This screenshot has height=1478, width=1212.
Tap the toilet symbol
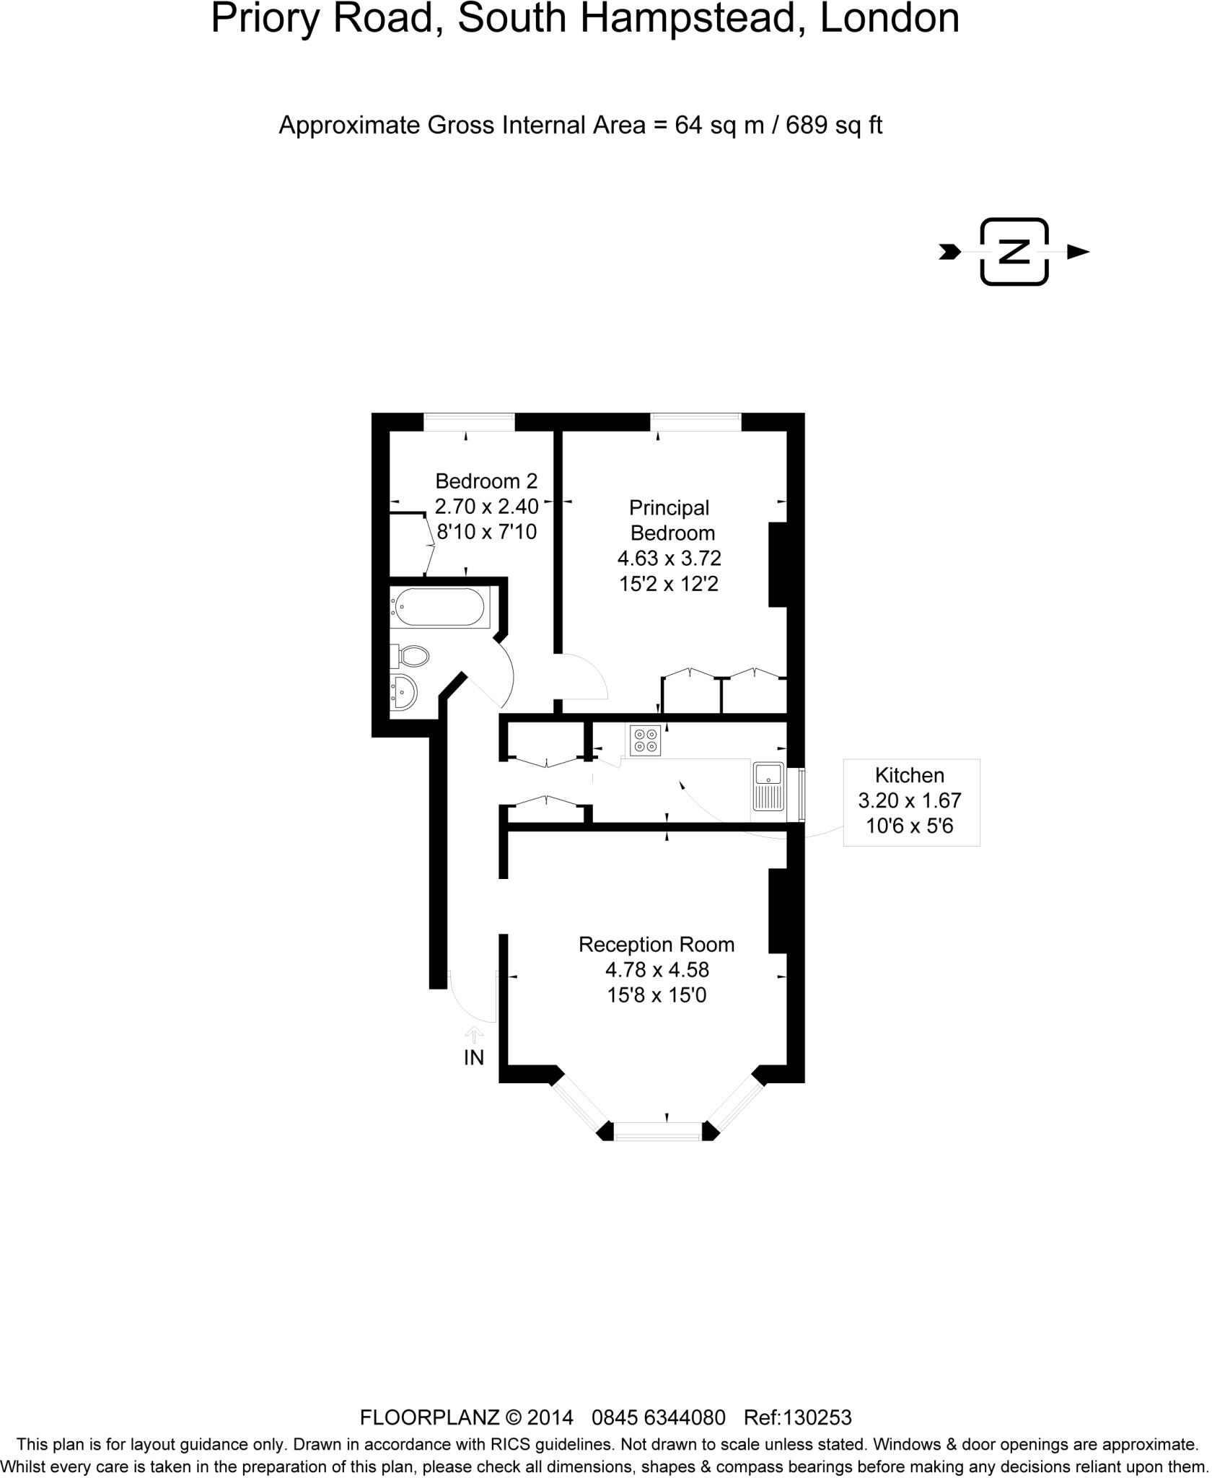[x=412, y=656]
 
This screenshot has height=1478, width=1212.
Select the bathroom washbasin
[x=403, y=692]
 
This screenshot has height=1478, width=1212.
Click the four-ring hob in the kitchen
[x=645, y=740]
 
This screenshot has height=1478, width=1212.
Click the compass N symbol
[x=1014, y=252]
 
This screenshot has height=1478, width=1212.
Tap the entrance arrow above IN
[x=473, y=1034]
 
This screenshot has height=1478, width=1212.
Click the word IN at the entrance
[x=473, y=1058]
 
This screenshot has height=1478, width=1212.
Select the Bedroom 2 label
[x=486, y=481]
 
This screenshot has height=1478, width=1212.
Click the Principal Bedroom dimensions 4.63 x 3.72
[x=669, y=559]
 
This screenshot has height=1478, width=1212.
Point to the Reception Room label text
[x=656, y=945]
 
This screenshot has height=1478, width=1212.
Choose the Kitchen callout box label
[x=910, y=776]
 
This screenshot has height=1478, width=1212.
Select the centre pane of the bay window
[x=657, y=1130]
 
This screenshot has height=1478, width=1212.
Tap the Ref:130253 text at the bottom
[x=797, y=1418]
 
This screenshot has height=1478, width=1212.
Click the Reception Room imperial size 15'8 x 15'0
[x=656, y=995]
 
